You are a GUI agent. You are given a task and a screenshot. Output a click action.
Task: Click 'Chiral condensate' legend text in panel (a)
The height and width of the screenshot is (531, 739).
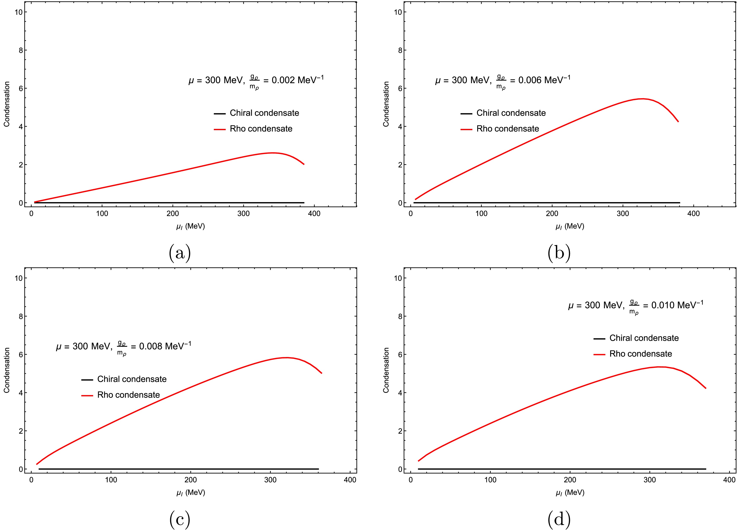point(264,113)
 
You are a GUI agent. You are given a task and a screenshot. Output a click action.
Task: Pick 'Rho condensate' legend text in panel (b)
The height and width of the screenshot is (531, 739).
point(508,129)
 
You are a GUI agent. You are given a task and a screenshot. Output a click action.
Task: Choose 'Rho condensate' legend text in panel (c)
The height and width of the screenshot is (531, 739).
point(128,395)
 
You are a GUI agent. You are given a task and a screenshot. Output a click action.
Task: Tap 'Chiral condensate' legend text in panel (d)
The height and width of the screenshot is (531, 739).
point(644,338)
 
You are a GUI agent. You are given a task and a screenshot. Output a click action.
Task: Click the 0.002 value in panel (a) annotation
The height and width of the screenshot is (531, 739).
point(283,80)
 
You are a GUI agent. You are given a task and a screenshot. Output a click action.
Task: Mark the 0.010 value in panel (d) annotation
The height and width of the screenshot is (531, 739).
point(662,305)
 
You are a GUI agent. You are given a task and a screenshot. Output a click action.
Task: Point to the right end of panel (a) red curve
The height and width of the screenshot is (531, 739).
point(304,164)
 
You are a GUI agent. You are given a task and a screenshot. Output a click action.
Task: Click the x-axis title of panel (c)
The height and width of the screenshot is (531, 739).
point(191,492)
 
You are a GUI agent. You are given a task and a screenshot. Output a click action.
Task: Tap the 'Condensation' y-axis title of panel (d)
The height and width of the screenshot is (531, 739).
point(386,370)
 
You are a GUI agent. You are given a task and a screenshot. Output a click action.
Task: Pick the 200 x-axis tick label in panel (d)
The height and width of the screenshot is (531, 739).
point(570,480)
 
